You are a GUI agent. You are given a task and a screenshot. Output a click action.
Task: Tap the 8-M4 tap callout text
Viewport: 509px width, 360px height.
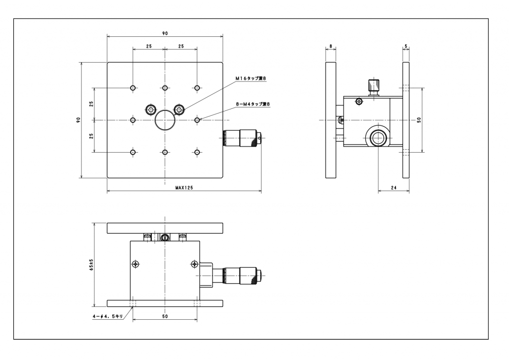(x=253, y=104)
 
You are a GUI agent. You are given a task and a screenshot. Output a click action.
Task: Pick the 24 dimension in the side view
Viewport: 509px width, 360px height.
(x=393, y=187)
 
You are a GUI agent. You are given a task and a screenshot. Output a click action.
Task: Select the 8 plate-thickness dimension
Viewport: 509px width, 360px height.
(x=331, y=46)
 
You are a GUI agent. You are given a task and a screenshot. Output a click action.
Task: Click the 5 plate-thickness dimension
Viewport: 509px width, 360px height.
(x=406, y=46)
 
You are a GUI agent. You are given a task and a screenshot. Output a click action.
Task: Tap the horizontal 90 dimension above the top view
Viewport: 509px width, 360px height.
(x=165, y=33)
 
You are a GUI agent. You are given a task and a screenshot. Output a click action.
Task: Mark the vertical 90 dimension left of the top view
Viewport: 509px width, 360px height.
(x=78, y=120)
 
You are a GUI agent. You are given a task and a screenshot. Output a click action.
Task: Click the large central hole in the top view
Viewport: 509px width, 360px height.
(x=165, y=120)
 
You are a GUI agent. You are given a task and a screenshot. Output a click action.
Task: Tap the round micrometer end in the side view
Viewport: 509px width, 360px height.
(x=378, y=137)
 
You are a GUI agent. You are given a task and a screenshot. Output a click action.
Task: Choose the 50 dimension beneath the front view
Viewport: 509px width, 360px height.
(x=165, y=315)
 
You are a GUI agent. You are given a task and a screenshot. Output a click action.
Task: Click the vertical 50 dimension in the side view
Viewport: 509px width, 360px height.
(x=419, y=120)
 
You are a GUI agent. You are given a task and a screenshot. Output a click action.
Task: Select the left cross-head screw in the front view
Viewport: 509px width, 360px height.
(x=136, y=264)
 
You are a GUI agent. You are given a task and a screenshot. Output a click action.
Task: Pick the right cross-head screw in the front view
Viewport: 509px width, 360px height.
(x=194, y=264)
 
